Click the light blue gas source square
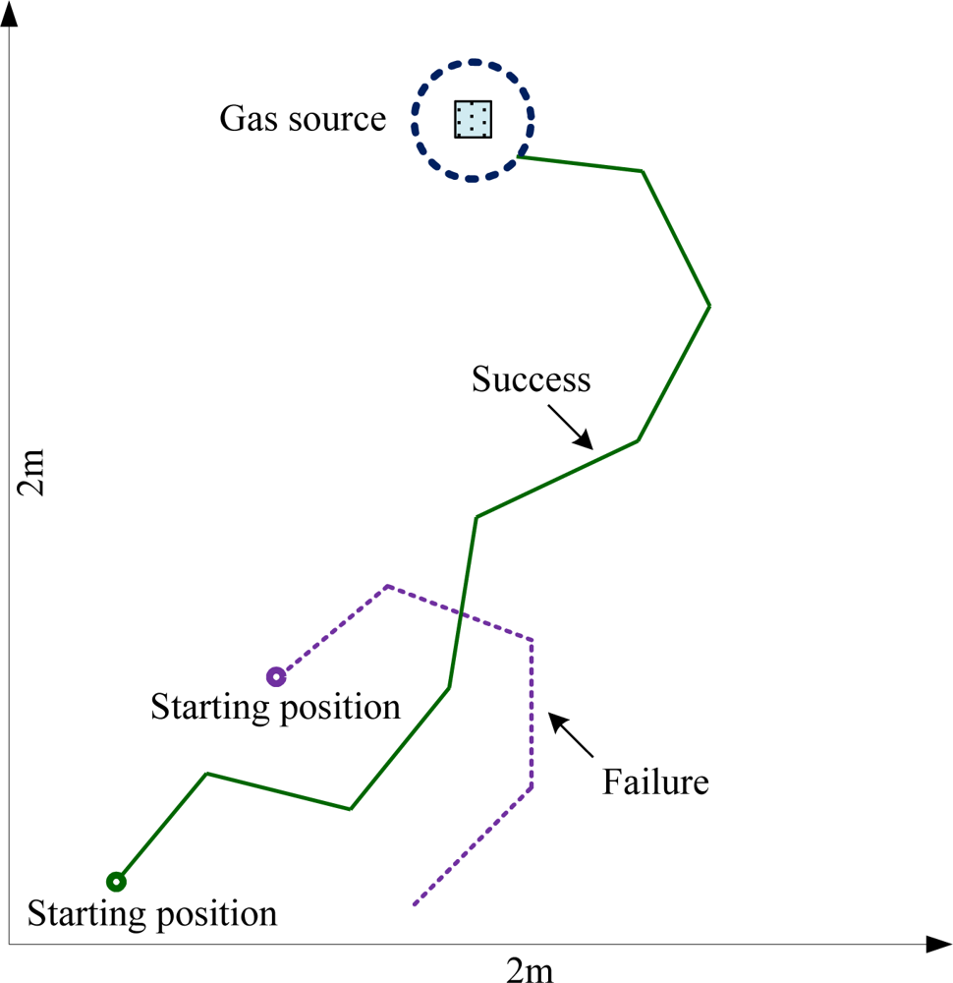point(473,119)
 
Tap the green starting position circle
point(116,881)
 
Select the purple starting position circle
point(276,676)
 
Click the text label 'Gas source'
point(303,119)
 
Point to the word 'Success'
point(531,379)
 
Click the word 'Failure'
point(655,782)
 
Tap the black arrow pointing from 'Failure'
point(571,734)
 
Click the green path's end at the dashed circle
point(519,155)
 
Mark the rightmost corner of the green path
point(709,306)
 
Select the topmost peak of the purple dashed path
point(387,586)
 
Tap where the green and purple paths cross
point(459,611)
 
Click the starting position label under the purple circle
point(276,707)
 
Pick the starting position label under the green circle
point(152,914)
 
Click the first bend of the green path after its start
point(206,774)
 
